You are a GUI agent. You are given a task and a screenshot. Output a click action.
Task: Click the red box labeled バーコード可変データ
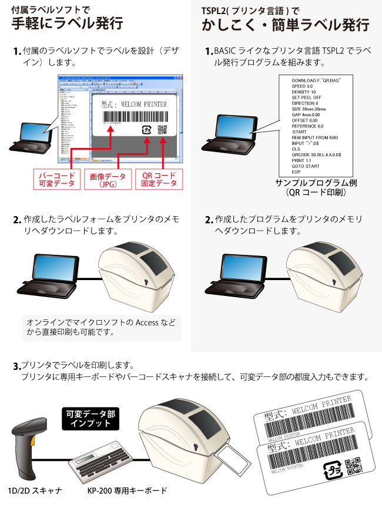pos(56,179)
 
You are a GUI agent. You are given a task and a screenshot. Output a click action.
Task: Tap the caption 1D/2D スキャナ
pos(32,490)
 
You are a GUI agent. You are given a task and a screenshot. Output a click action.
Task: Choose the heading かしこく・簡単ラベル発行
pos(286,25)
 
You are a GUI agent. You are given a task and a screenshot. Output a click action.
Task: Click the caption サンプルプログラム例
pos(316,183)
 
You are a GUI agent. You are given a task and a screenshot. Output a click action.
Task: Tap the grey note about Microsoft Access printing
pos(101,327)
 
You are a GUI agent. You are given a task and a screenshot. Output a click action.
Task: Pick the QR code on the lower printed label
pos(353,468)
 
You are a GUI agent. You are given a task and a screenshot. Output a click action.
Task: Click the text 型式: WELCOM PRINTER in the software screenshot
pos(134,105)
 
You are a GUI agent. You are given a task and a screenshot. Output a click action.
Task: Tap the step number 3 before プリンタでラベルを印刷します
pos(16,366)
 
